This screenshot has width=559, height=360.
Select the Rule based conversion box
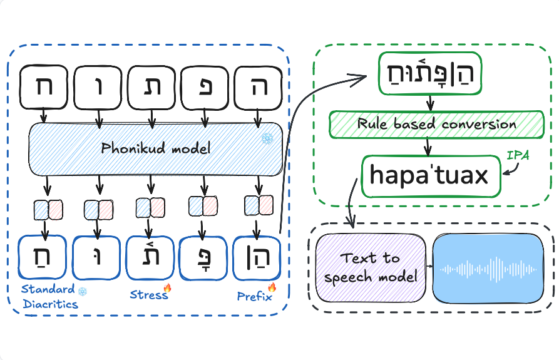[x=436, y=124]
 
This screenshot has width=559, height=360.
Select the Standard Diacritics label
[x=49, y=297]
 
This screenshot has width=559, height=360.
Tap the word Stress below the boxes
[x=148, y=294]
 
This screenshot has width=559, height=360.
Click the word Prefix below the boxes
[x=254, y=296]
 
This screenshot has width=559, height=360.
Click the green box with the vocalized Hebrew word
[x=428, y=74]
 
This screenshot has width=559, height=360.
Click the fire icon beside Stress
[x=168, y=289]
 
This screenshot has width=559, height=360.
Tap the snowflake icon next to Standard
[x=82, y=290]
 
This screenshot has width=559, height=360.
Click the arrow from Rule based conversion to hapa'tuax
[x=428, y=146]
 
